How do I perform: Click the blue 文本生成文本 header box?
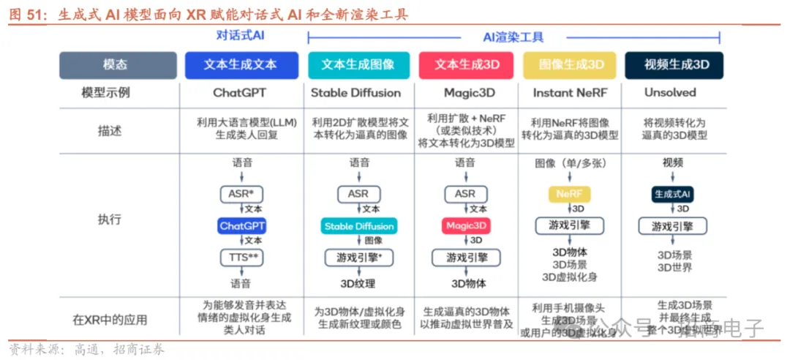[241, 64]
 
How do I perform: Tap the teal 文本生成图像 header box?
[358, 64]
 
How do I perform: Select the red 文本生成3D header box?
[467, 64]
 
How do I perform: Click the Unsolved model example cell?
[670, 93]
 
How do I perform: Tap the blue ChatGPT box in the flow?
[241, 226]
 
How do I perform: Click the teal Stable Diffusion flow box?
[358, 226]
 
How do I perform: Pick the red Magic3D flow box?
[465, 226]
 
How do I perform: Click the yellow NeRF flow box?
[568, 194]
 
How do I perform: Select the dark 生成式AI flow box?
[672, 194]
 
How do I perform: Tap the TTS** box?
[241, 257]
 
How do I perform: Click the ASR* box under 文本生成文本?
[241, 194]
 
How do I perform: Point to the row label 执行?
[109, 220]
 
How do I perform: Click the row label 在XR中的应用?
[109, 320]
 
